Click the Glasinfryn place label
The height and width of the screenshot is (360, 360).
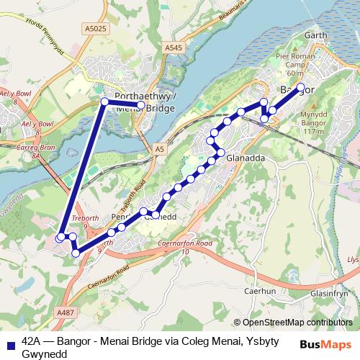click(x=329, y=294)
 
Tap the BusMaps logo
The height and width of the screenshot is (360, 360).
click(x=328, y=344)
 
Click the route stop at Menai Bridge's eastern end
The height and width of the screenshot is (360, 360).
click(x=141, y=106)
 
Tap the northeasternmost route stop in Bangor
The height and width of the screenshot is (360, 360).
click(x=301, y=88)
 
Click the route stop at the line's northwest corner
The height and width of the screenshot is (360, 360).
click(x=105, y=102)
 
